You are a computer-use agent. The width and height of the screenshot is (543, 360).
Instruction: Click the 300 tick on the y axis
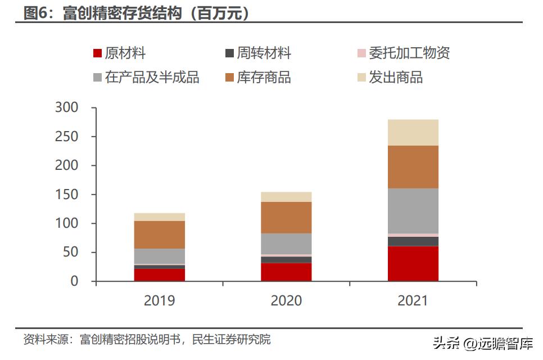click(67, 107)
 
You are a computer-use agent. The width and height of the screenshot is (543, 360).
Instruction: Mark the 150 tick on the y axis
click(67, 195)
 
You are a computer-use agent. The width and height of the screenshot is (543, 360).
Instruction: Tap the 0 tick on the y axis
click(75, 281)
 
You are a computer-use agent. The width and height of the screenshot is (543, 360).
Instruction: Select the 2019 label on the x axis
click(159, 301)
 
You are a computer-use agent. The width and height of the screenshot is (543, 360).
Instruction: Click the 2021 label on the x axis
click(413, 301)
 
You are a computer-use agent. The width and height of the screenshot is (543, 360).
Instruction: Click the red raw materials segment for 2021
click(413, 263)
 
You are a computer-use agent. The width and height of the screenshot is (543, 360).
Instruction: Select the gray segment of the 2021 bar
click(413, 210)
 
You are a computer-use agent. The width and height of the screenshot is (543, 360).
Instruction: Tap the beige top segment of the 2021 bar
click(413, 132)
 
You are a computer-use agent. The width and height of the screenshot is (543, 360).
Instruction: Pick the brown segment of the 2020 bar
click(286, 217)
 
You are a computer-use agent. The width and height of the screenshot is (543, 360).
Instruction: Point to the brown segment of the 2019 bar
click(159, 235)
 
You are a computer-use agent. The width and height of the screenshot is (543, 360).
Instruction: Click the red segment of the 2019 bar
click(159, 274)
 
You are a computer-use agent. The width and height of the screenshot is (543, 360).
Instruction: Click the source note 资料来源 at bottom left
click(146, 340)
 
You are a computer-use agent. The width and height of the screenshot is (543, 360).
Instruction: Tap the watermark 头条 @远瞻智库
click(482, 342)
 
